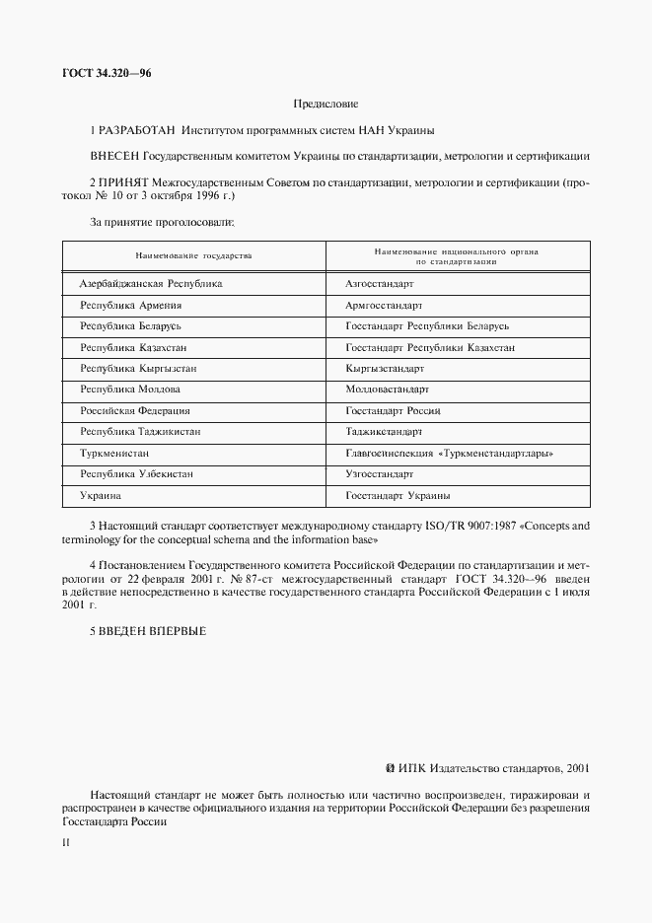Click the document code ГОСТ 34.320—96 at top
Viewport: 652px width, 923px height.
point(107,74)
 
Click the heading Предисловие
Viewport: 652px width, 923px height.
point(326,104)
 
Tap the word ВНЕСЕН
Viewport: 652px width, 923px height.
point(114,155)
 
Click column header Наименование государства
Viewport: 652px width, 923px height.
point(194,256)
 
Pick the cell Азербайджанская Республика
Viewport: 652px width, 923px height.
point(150,283)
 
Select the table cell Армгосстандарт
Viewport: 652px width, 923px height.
point(384,305)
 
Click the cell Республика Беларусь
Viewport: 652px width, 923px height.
point(129,325)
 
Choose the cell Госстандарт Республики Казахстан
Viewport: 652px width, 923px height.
point(429,347)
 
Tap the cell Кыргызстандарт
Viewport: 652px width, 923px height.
point(385,368)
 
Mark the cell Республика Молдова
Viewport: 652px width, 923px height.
point(129,389)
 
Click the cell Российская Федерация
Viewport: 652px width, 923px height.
point(134,410)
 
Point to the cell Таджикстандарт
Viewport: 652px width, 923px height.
point(384,432)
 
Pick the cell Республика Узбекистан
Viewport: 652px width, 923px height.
point(136,473)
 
